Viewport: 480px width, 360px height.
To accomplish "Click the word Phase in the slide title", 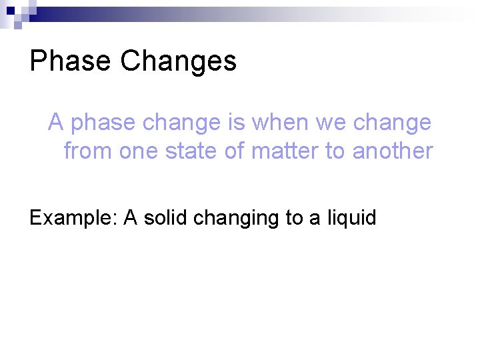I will [70, 61].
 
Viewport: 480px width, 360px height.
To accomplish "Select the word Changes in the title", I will [178, 61].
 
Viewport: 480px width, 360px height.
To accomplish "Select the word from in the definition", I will [88, 151].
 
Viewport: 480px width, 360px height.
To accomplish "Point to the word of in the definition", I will [235, 151].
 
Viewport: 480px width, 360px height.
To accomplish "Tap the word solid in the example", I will [165, 218].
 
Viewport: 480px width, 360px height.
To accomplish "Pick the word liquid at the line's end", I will [351, 218].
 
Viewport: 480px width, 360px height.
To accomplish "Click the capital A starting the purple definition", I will [56, 123].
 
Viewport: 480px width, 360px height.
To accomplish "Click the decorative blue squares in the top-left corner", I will [14, 13].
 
